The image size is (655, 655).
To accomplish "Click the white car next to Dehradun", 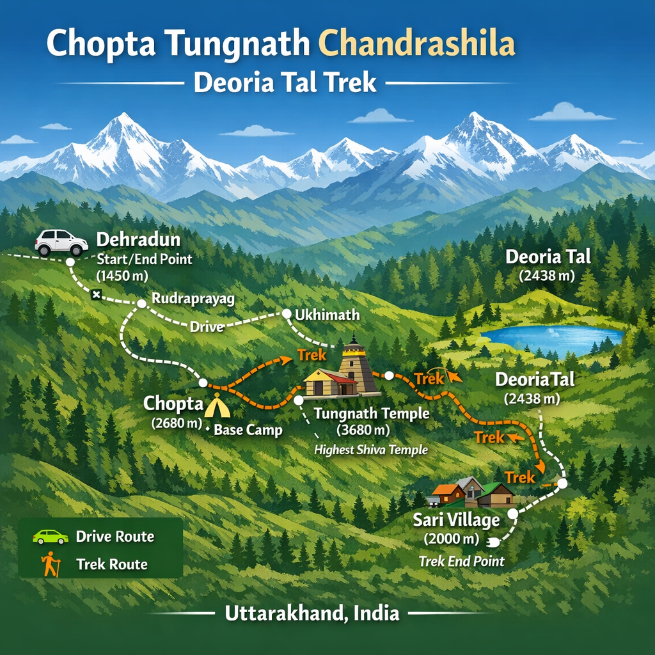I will pyautogui.click(x=61, y=242).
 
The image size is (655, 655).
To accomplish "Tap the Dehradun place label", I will pyautogui.click(x=138, y=241).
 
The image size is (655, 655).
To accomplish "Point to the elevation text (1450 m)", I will pyautogui.click(x=122, y=276).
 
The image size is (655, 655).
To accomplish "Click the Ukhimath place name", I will pyautogui.click(x=327, y=315).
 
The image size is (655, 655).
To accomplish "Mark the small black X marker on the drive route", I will pyautogui.click(x=96, y=294).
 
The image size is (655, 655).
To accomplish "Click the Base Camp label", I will pyautogui.click(x=248, y=430).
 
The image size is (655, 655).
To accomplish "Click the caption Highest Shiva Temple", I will pyautogui.click(x=371, y=450).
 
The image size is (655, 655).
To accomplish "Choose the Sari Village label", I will pyautogui.click(x=455, y=520).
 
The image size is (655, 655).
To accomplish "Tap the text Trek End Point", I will pyautogui.click(x=461, y=561).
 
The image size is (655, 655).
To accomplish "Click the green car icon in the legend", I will pyautogui.click(x=51, y=536).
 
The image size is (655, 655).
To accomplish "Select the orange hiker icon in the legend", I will pyautogui.click(x=50, y=564).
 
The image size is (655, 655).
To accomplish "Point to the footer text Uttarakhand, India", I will pyautogui.click(x=312, y=613).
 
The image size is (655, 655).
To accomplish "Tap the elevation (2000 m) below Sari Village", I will pyautogui.click(x=452, y=539).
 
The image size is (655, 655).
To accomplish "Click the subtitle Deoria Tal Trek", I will pyautogui.click(x=285, y=83).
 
